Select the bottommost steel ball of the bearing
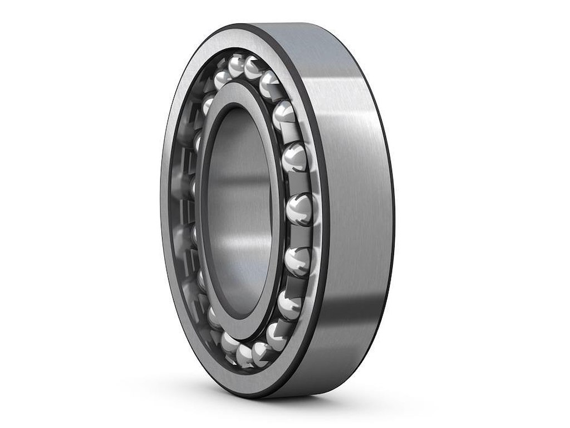click(244, 355)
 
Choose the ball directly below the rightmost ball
click(297, 260)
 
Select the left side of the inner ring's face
click(200, 212)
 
